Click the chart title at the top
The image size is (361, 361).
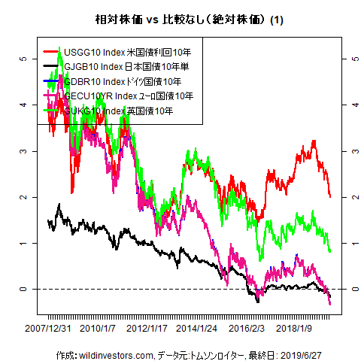184,18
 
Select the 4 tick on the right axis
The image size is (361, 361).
345,105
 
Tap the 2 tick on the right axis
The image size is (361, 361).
345,197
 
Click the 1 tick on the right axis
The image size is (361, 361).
345,244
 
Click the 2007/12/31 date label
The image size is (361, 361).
49,329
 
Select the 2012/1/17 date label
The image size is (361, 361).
147,329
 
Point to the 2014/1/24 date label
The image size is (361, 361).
197,329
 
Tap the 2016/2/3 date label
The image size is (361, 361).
247,329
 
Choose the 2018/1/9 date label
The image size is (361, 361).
295,329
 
